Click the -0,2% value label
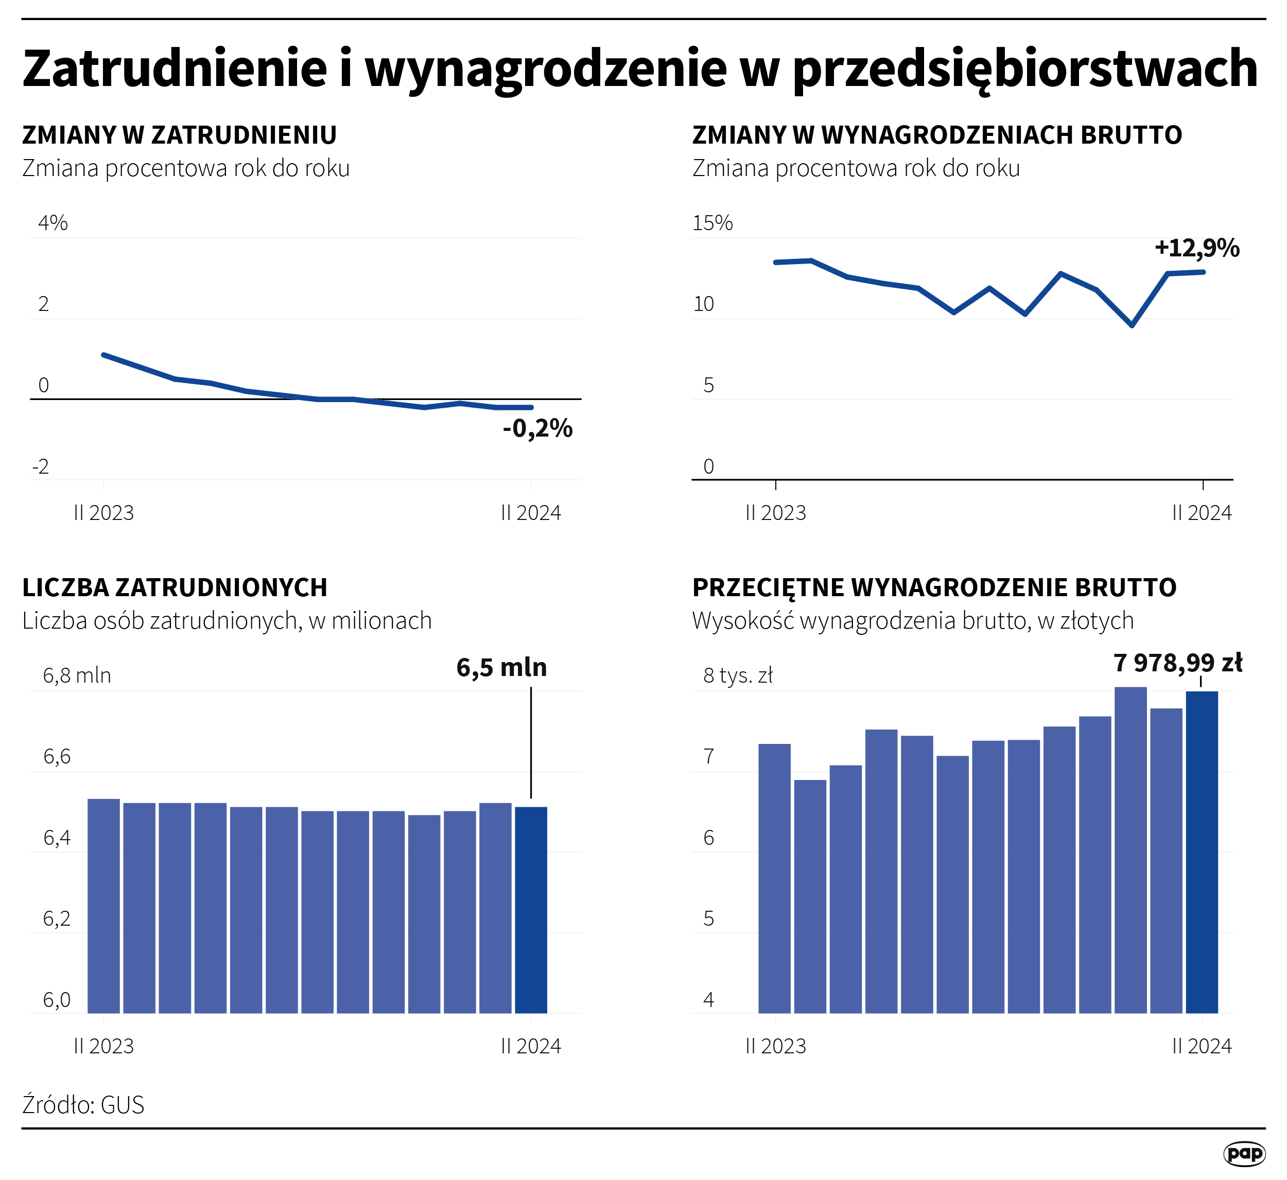(x=537, y=428)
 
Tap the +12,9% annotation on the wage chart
(x=1197, y=248)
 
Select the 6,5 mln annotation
(x=502, y=667)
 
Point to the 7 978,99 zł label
(x=1178, y=663)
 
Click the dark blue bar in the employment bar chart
(x=531, y=909)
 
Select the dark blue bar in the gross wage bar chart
(x=1202, y=852)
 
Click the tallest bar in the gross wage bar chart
(x=1131, y=849)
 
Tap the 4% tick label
(x=53, y=223)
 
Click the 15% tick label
(x=712, y=223)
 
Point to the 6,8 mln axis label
(x=77, y=675)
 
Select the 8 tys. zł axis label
(x=737, y=675)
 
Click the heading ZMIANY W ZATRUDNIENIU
(x=179, y=135)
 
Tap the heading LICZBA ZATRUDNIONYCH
(x=175, y=587)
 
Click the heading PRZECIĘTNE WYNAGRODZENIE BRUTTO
(x=934, y=587)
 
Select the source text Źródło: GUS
(x=83, y=1105)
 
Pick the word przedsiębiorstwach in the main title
(x=1024, y=69)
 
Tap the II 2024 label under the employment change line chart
(x=531, y=513)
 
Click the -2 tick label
(x=40, y=467)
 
